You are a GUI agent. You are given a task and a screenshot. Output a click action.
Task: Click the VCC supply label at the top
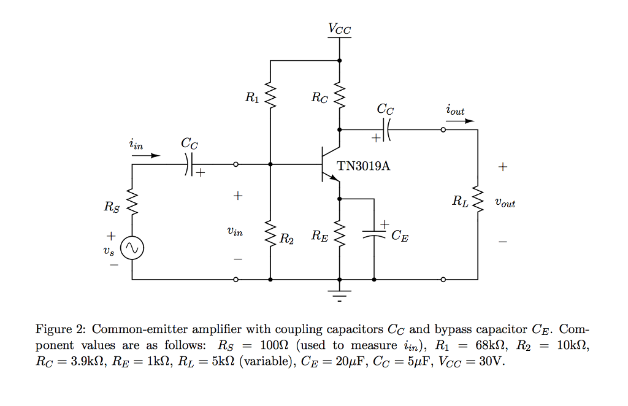[x=340, y=28]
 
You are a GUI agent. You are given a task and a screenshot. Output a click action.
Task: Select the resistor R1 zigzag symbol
[x=270, y=96]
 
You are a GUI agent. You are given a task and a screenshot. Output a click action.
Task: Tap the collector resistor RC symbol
[x=340, y=96]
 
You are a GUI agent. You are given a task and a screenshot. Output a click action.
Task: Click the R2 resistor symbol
[x=270, y=234]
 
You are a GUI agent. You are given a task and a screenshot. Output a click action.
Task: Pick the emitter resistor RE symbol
[x=340, y=234]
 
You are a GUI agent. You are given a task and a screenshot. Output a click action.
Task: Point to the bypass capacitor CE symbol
[x=373, y=234]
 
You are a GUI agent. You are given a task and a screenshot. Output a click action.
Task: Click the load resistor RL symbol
[x=478, y=199]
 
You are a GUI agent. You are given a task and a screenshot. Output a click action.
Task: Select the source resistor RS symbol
[x=132, y=203]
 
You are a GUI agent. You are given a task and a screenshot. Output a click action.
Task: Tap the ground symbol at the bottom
[x=340, y=294]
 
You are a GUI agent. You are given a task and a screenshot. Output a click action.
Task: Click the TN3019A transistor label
[x=363, y=166]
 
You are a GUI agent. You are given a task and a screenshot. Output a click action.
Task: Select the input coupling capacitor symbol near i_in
[x=189, y=164]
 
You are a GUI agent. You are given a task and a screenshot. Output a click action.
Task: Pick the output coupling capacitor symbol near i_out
[x=387, y=130]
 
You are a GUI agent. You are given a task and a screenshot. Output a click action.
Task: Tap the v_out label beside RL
[x=505, y=202]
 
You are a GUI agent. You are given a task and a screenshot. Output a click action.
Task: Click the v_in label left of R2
[x=234, y=232]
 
